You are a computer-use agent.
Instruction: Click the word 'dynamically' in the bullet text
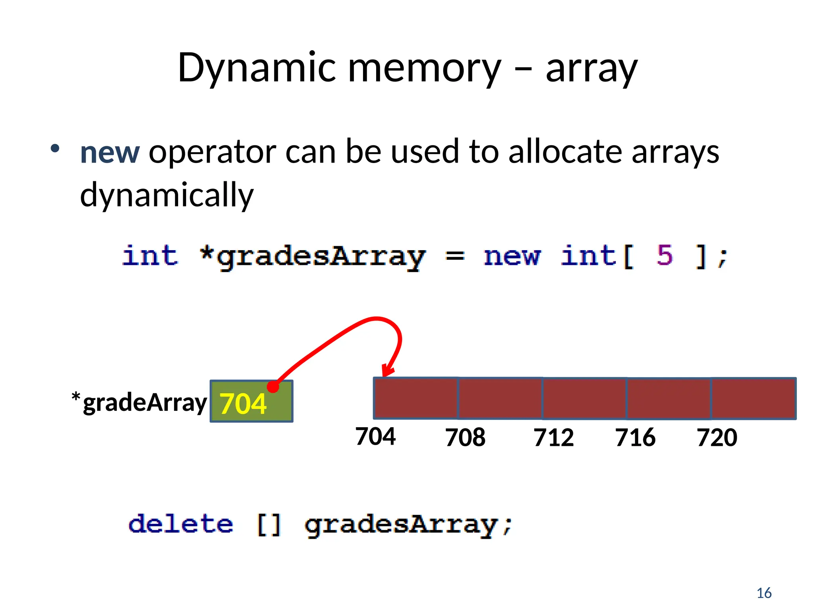(x=167, y=195)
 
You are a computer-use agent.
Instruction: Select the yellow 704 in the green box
(x=243, y=404)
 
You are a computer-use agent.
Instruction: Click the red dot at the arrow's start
(x=273, y=386)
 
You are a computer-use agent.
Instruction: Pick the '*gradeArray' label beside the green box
(x=139, y=402)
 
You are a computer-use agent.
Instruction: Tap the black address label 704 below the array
(x=375, y=436)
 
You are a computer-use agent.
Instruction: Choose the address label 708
(x=465, y=437)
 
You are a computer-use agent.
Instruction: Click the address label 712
(x=553, y=437)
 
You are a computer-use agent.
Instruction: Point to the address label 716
(x=635, y=437)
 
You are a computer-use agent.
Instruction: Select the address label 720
(x=717, y=437)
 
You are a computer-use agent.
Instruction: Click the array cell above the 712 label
(x=584, y=398)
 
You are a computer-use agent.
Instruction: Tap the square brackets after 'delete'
(x=269, y=524)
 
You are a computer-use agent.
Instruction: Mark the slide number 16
(x=764, y=593)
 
